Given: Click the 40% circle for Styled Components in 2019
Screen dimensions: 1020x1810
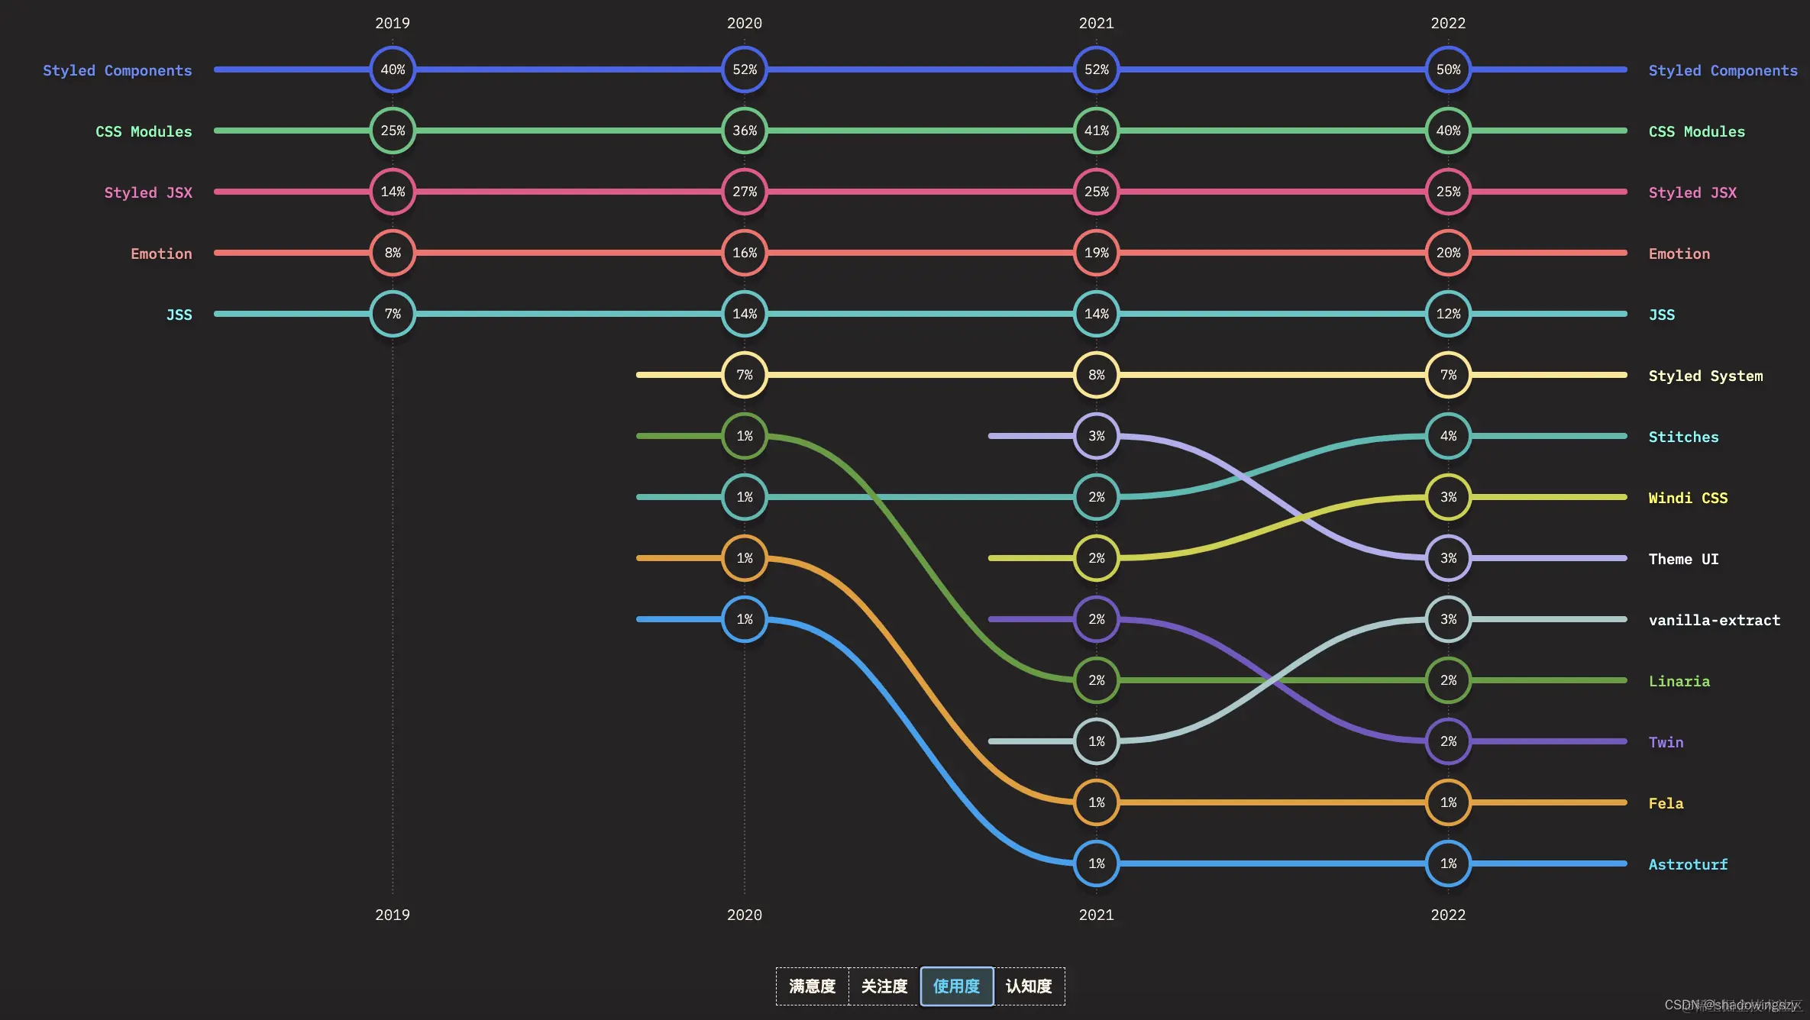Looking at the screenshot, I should point(393,69).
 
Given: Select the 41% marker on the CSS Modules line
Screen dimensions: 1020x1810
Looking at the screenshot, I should point(1096,131).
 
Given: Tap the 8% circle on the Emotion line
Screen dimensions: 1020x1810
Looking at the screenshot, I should point(393,253).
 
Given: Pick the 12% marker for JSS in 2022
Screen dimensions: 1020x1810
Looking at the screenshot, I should point(1448,314).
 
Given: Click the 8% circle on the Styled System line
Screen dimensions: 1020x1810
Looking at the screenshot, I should point(1096,375).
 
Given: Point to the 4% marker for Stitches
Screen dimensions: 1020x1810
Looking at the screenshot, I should point(1448,436).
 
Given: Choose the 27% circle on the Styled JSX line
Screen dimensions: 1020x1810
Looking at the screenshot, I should point(745,192).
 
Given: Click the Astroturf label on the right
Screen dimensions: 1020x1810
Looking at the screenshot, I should point(1688,864).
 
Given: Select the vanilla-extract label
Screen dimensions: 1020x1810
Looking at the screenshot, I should point(1714,620).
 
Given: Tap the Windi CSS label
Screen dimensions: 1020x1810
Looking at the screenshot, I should point(1688,498).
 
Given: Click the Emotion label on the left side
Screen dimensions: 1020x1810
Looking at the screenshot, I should point(161,253).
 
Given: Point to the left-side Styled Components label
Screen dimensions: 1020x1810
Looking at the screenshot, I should point(117,70).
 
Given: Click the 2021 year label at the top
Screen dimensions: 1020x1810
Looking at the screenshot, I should point(1096,23).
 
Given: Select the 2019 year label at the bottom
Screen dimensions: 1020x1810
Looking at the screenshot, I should point(393,915).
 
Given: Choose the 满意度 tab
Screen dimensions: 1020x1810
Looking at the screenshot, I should point(812,986).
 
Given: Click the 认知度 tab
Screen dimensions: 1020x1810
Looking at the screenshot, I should point(1029,986).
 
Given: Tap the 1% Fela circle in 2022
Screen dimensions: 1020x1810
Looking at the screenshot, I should point(1448,802).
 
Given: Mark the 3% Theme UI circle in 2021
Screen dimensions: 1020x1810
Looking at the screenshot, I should point(1096,436).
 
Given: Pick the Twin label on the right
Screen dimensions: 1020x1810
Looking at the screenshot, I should point(1666,742).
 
